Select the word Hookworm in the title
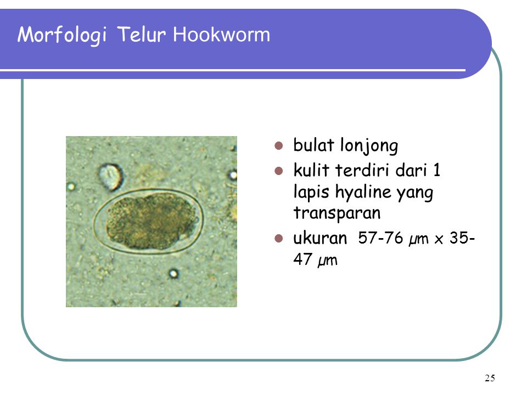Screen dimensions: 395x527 221,35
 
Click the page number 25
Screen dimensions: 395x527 490,377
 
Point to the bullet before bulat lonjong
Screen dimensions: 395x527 278,146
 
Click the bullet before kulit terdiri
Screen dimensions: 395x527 278,172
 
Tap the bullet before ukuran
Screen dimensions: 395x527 278,239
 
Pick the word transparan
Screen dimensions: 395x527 337,212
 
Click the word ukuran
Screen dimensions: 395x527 321,239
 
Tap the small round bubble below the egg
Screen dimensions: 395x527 173,273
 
